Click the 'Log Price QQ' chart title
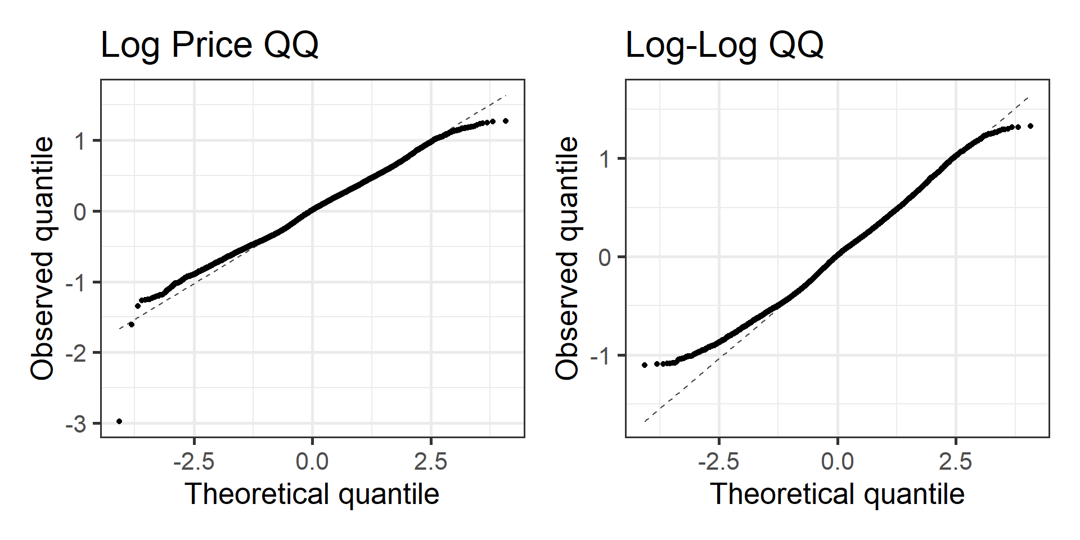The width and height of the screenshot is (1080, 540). [x=209, y=45]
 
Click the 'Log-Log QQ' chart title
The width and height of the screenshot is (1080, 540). [x=724, y=45]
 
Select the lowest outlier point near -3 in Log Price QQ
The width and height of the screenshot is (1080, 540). [x=119, y=421]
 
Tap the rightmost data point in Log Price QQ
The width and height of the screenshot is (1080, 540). [x=506, y=121]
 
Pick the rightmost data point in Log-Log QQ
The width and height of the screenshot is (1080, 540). [x=1030, y=126]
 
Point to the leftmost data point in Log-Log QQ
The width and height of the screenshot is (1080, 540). [x=645, y=365]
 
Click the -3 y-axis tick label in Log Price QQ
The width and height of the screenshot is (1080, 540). [x=76, y=424]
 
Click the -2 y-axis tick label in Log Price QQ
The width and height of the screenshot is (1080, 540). [x=76, y=353]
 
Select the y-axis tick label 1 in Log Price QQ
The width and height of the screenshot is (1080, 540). [x=80, y=141]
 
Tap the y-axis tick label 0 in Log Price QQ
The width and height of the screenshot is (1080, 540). [x=80, y=212]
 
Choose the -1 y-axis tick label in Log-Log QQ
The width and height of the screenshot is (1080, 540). [x=601, y=356]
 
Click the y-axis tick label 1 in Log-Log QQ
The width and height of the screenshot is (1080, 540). [x=605, y=159]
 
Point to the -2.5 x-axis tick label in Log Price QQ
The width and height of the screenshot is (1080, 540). [x=194, y=462]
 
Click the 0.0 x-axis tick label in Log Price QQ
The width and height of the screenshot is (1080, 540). [x=312, y=462]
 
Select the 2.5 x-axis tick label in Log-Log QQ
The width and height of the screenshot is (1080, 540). [x=955, y=462]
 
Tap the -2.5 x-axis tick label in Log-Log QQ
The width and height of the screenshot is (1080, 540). [x=719, y=462]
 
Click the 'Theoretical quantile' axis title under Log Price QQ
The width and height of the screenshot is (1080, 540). [x=312, y=494]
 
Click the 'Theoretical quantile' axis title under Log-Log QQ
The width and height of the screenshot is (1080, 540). [x=838, y=494]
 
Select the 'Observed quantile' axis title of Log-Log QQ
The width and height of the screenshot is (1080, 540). [x=567, y=258]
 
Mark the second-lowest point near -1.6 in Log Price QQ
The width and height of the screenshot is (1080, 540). [x=132, y=325]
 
